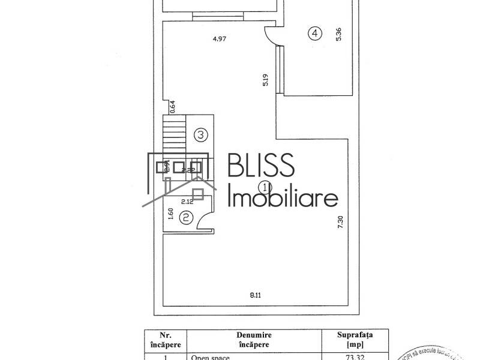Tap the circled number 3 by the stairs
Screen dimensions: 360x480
(x=201, y=135)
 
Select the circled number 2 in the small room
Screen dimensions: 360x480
(x=187, y=218)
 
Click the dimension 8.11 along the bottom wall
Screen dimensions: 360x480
(x=256, y=295)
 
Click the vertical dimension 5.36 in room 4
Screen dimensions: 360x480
(x=339, y=34)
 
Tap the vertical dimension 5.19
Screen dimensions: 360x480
(x=265, y=81)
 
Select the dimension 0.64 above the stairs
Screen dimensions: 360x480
(x=172, y=106)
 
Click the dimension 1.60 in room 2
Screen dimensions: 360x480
(x=170, y=215)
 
